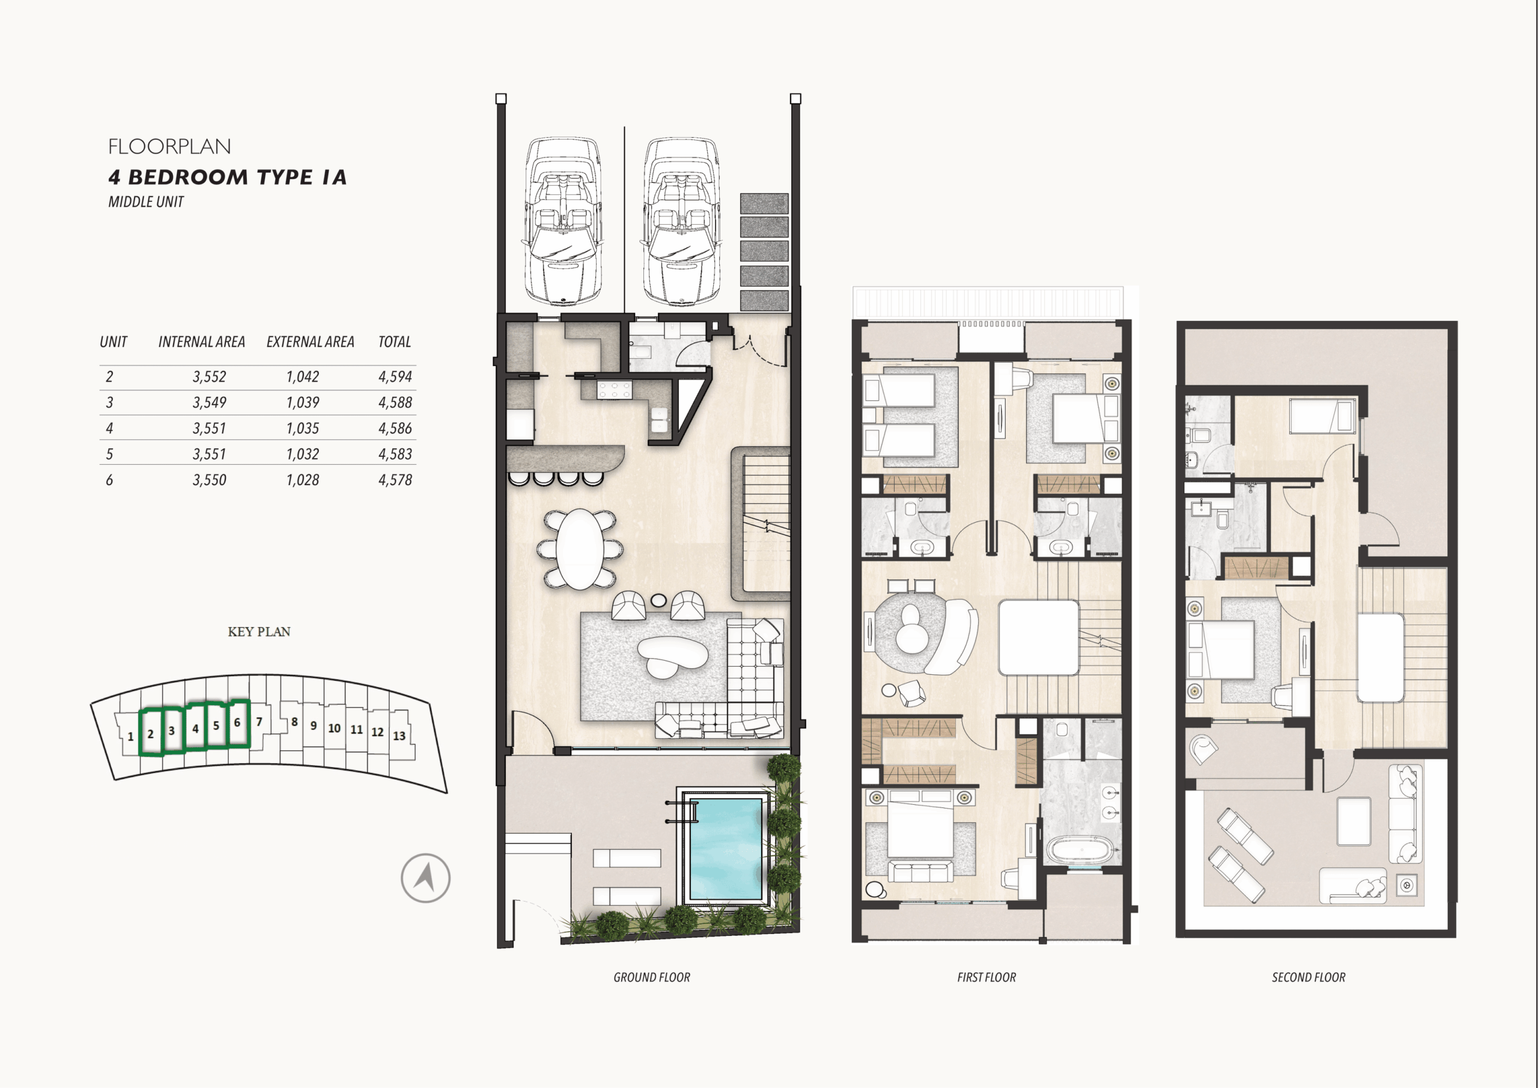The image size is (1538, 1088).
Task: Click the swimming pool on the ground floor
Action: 726,848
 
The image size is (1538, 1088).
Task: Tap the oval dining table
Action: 579,549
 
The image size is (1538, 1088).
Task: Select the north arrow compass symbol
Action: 425,878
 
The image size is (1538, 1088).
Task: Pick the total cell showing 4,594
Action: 395,377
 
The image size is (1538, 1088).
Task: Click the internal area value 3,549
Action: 210,402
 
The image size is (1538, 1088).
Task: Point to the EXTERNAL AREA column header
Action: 310,342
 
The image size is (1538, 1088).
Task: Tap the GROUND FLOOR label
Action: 652,977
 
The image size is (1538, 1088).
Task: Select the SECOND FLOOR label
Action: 1309,977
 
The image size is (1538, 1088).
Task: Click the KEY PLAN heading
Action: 259,632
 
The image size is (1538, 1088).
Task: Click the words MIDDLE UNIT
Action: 146,202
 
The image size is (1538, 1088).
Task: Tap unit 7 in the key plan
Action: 259,722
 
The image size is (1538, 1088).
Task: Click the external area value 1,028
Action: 303,480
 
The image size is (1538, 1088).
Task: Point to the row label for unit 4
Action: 110,429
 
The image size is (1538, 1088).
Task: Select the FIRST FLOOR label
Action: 986,977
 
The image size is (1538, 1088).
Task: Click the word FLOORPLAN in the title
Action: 169,146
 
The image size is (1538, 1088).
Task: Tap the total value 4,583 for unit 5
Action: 395,454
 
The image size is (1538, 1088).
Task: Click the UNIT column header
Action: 113,342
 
